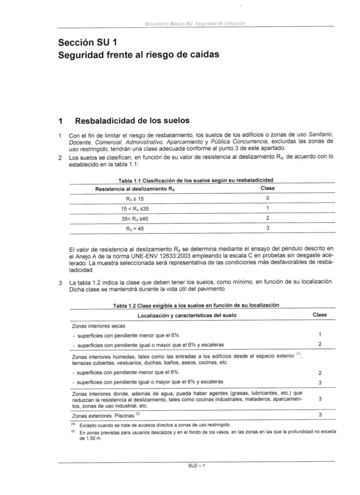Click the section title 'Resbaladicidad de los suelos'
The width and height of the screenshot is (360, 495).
click(132, 120)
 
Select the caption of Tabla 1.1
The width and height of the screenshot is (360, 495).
click(196, 180)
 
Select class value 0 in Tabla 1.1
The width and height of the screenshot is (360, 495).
click(267, 198)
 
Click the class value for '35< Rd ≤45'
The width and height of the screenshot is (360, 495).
click(267, 218)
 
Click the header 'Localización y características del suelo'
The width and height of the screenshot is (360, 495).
click(187, 315)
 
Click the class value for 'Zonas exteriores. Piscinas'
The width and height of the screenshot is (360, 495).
click(319, 415)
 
